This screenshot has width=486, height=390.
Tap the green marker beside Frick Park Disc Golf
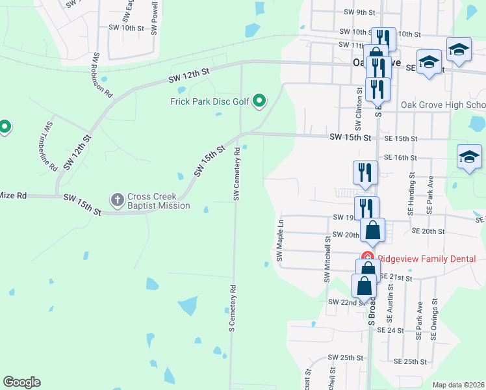tap(259, 100)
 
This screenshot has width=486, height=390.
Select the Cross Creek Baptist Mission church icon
tap(118, 198)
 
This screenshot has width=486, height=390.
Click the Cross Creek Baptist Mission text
tap(159, 201)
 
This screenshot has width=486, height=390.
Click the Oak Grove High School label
tap(442, 105)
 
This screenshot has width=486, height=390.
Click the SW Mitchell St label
tap(327, 259)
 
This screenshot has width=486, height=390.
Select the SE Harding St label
tap(411, 194)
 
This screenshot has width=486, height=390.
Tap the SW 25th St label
tap(345, 357)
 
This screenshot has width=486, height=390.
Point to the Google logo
tap(21, 382)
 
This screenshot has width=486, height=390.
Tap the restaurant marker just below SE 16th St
tap(365, 173)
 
